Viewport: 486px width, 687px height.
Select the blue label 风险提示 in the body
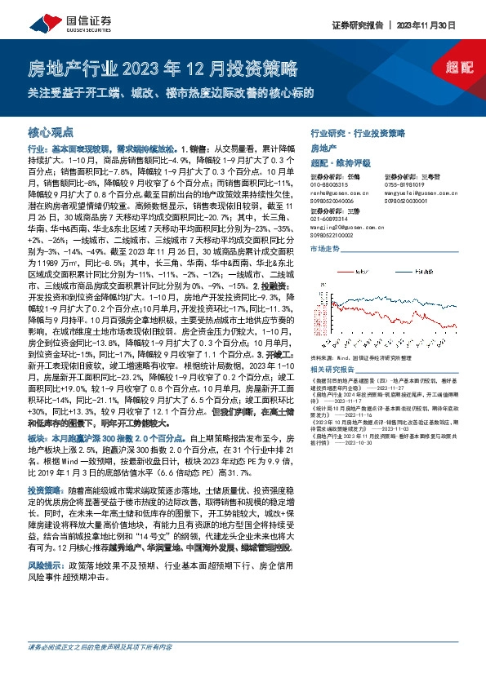[46, 495]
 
